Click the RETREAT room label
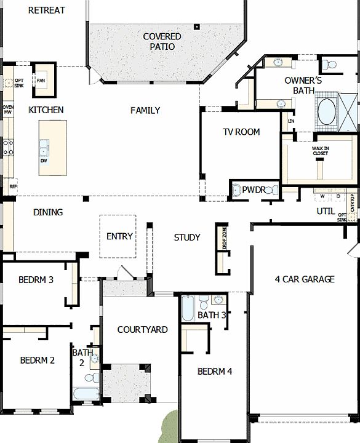coord(46,10)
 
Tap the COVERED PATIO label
coord(162,41)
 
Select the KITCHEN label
coord(46,110)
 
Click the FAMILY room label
coord(145,110)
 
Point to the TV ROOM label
coord(241,132)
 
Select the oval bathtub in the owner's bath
coord(326,112)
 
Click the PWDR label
coord(254,190)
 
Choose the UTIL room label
coord(326,211)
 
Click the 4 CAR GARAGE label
coord(305,279)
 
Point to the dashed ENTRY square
coord(118,236)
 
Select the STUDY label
coord(187,237)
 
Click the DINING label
coord(48,212)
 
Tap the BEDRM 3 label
coord(36,279)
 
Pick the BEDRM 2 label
coord(38,361)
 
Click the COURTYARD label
coord(142,330)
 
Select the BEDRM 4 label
coord(215,372)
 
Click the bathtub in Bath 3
coord(188,307)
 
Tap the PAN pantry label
coord(41,80)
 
